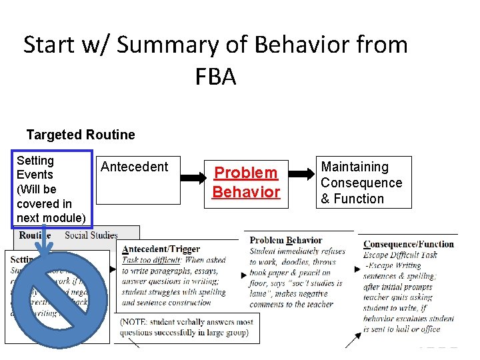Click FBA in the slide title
click(x=215, y=77)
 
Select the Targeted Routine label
click(x=81, y=135)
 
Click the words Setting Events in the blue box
click(x=35, y=167)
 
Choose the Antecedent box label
click(x=135, y=167)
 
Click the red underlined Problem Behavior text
click(x=245, y=182)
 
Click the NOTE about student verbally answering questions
click(x=187, y=327)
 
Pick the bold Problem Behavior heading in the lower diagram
click(x=286, y=240)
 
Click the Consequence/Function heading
click(x=409, y=244)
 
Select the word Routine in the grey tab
click(x=35, y=235)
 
